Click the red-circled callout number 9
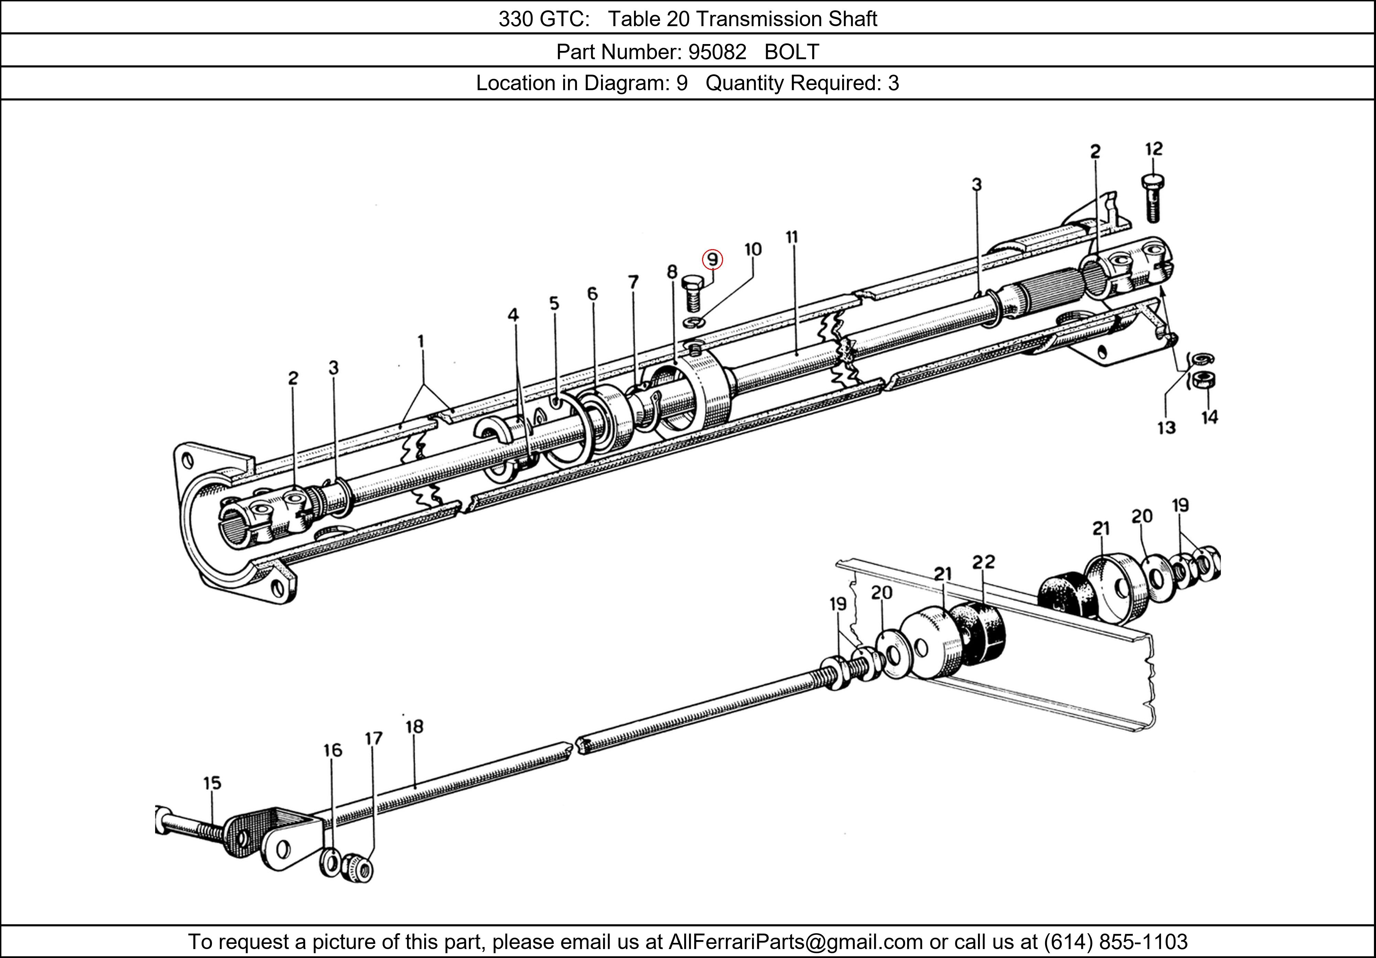pos(712,259)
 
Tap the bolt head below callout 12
pos(1153,182)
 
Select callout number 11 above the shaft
pos(792,237)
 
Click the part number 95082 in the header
pos(717,52)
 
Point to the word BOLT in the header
pos(791,52)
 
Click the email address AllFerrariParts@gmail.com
pos(795,942)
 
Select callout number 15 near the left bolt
pos(212,783)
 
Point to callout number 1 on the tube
pos(421,342)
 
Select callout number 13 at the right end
pos(1166,427)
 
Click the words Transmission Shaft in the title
pos(786,19)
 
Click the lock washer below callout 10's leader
pos(694,323)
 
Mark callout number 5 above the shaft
pos(554,304)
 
